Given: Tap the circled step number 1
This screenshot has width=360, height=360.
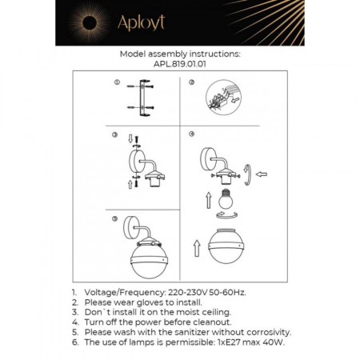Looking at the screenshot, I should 116,82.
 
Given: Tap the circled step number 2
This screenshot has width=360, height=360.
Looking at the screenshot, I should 191,82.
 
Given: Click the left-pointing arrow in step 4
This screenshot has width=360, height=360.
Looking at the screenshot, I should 261,173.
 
